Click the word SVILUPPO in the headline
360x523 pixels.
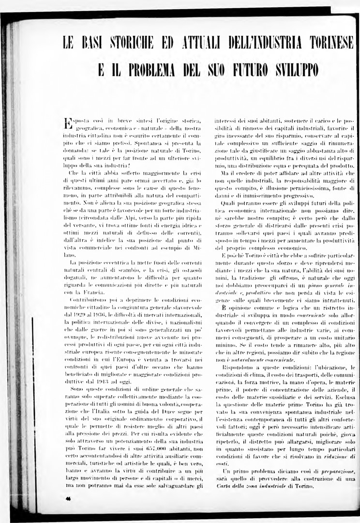point(295,71)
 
